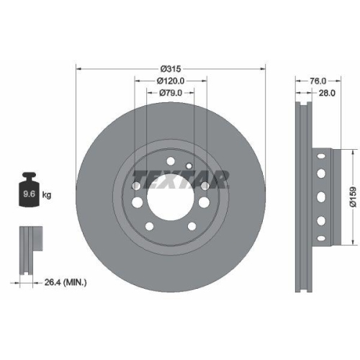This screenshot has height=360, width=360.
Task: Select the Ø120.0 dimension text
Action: pos(171,81)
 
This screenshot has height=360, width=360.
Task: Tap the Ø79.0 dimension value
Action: pos(171,92)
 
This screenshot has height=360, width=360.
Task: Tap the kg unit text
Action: pos(48,195)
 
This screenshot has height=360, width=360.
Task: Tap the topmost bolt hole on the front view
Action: pos(171,160)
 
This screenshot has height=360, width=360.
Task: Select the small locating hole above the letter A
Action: pos(188,166)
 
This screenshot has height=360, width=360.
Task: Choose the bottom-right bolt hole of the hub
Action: pos(192,228)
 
